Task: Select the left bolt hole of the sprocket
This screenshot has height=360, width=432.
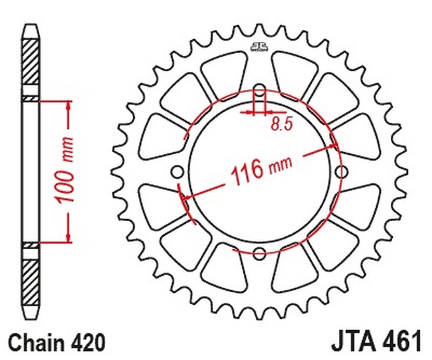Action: [x=177, y=173]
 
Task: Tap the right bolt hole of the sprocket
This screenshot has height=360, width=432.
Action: [x=342, y=173]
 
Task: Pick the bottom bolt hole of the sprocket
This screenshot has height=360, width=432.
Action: [x=259, y=253]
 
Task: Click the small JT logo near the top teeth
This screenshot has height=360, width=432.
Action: [x=259, y=46]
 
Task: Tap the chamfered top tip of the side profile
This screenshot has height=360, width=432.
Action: [x=31, y=29]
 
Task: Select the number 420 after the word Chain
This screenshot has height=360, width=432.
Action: [x=89, y=343]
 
